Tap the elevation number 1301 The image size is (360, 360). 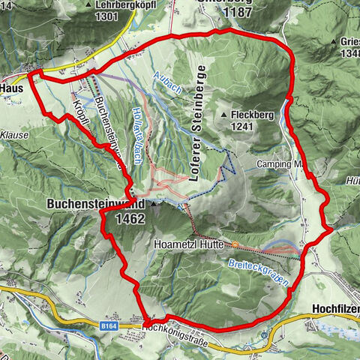(x=107, y=16)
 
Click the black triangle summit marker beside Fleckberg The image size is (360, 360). (x=223, y=114)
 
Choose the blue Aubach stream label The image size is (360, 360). (x=167, y=85)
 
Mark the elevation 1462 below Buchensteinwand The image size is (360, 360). (x=131, y=218)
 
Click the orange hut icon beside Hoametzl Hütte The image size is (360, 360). (x=235, y=244)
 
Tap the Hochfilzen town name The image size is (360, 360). (x=335, y=307)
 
